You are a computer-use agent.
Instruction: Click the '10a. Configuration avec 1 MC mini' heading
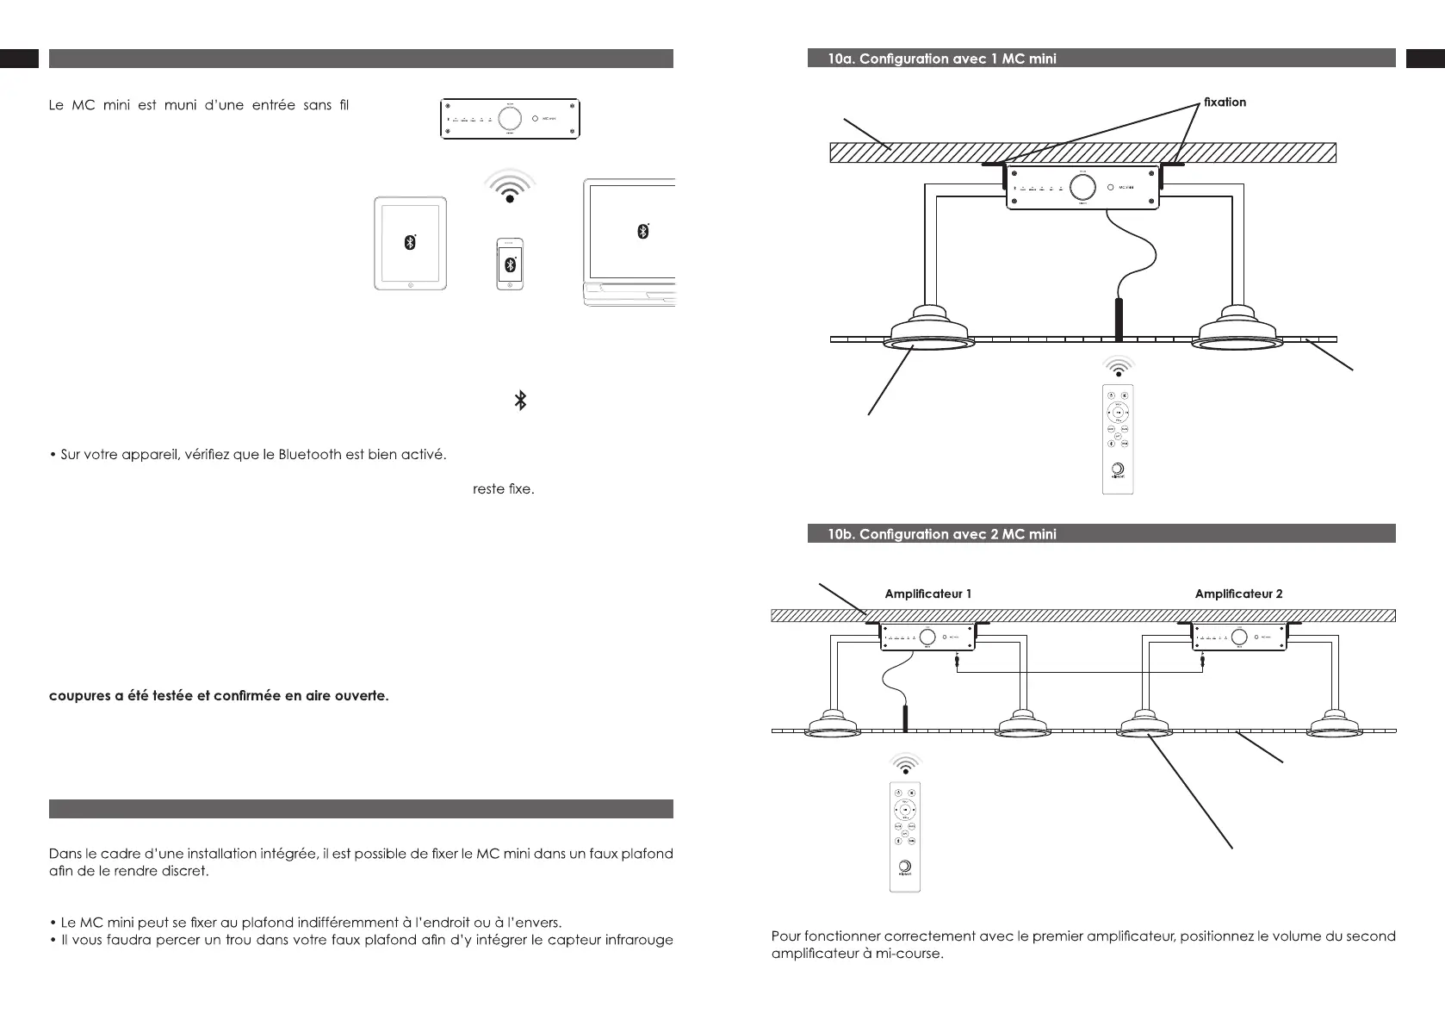(942, 59)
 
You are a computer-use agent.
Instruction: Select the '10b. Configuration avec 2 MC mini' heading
(942, 534)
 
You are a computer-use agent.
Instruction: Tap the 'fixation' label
(1225, 103)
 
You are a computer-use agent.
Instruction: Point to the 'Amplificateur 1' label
(928, 594)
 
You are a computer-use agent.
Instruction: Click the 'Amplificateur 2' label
(1238, 594)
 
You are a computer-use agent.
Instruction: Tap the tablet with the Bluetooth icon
(411, 243)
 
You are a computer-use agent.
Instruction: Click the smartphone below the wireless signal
(511, 264)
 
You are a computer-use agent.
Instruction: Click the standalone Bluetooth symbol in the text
(520, 401)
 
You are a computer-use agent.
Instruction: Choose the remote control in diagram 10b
(905, 836)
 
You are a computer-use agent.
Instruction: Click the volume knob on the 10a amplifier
(1082, 187)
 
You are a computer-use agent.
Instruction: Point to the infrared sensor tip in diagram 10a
(1119, 319)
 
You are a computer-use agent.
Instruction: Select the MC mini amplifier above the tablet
(510, 118)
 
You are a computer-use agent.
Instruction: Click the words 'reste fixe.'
(504, 489)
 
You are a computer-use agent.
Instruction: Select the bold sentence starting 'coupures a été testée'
(219, 696)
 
